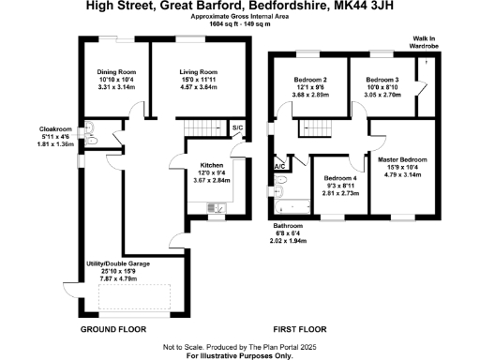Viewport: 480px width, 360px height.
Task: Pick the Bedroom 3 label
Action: coord(382,81)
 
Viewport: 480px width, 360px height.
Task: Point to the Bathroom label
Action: coord(288,227)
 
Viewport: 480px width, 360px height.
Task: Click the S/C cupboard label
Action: coord(237,127)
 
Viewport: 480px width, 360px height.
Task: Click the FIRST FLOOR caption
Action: coord(298,331)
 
